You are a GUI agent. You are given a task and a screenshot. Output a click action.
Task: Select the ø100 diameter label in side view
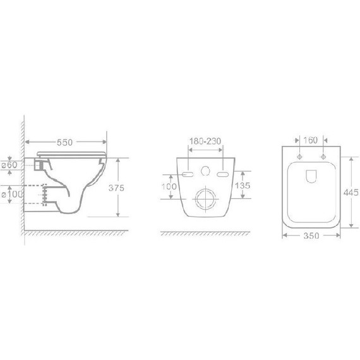12,194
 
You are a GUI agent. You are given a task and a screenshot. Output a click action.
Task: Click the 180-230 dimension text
205,141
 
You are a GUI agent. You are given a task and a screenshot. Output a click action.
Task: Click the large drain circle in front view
205,200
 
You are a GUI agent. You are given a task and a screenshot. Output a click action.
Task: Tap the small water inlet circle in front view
205,171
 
